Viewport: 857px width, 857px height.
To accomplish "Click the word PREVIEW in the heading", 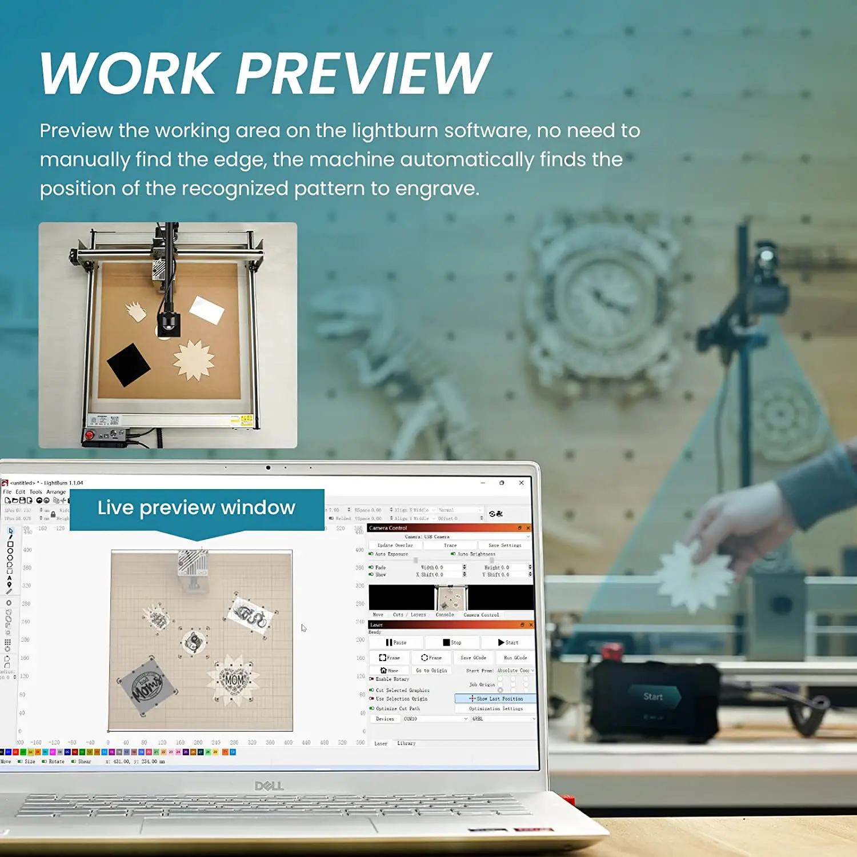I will point(363,73).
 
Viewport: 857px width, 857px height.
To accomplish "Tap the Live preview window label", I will point(197,507).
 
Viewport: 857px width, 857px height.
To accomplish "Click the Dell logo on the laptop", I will point(269,786).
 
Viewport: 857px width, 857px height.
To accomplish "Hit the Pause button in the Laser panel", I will point(396,643).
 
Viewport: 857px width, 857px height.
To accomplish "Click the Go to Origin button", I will point(431,671).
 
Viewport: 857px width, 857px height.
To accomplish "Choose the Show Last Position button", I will point(495,699).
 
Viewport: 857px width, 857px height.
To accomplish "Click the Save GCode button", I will point(473,658).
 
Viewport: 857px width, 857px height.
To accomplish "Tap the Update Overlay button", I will point(395,546).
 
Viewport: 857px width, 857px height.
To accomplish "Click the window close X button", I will point(522,483).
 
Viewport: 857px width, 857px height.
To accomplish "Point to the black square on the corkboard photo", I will point(129,365).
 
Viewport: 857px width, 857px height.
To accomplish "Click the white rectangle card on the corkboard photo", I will point(206,310).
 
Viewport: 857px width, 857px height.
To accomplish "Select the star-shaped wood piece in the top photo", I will point(194,360).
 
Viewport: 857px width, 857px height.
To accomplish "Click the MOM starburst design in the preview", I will point(234,680).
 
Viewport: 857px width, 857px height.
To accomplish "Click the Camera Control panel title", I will point(388,528).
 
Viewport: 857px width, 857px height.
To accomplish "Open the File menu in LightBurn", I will point(7,492).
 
